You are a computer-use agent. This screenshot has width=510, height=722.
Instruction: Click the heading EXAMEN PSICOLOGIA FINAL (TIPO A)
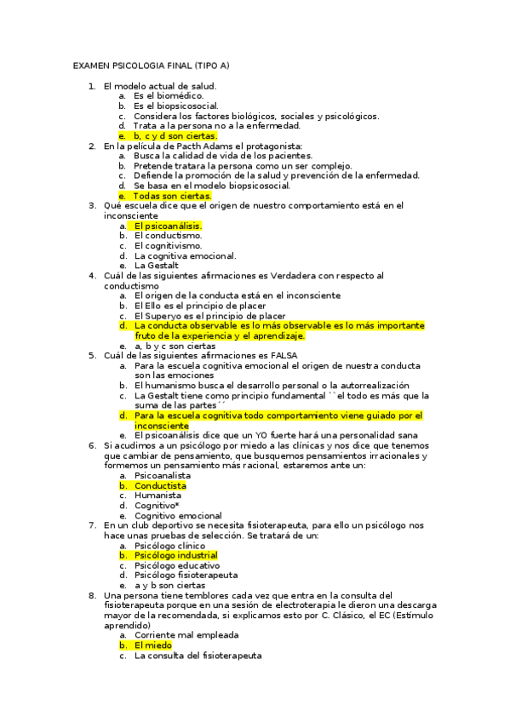tap(152, 65)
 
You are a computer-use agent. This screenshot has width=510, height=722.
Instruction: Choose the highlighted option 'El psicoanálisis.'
tap(168, 226)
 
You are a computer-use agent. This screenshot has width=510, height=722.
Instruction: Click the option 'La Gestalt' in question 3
tap(157, 265)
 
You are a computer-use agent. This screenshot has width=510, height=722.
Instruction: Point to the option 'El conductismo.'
tap(168, 236)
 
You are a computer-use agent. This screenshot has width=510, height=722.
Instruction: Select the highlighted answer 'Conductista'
tap(160, 485)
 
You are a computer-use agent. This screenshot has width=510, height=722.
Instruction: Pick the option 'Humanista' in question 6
tap(158, 495)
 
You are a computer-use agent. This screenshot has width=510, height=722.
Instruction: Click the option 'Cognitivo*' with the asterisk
tap(157, 505)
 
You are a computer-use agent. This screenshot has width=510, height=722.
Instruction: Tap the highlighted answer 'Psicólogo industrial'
tap(175, 555)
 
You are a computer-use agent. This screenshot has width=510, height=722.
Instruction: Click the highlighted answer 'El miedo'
tap(153, 645)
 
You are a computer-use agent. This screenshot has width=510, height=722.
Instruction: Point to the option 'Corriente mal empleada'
tap(186, 635)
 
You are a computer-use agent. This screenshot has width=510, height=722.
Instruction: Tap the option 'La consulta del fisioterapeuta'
tap(198, 656)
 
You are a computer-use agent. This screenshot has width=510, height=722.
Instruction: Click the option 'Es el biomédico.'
tap(169, 96)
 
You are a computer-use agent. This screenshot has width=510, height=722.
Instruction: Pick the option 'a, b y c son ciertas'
tap(175, 346)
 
